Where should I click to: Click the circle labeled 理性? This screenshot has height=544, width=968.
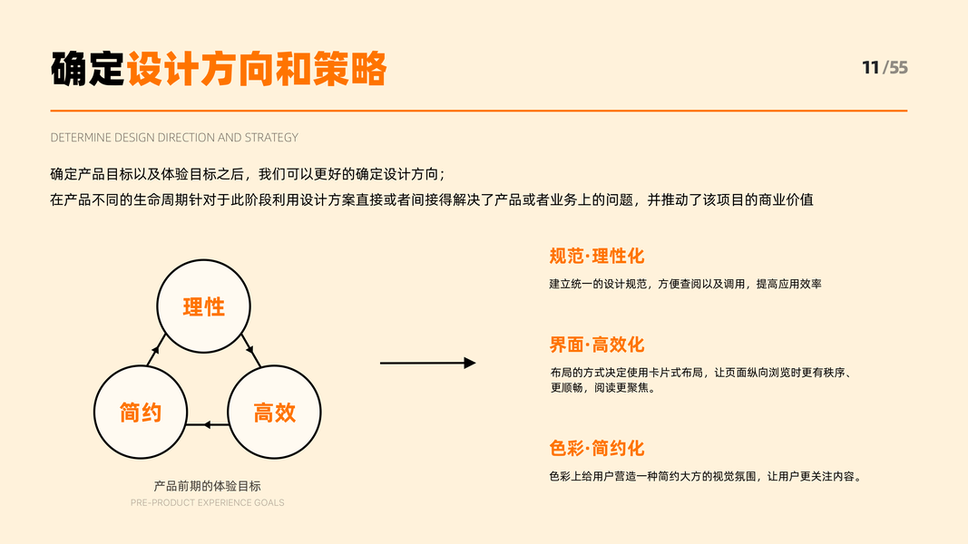pos(203,306)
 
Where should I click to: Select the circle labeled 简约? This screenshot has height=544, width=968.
pos(141,413)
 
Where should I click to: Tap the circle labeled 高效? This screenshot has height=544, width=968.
pos(274,413)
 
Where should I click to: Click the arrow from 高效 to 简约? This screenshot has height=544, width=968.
pos(208,424)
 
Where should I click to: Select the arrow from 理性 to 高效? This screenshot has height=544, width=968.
pos(249,349)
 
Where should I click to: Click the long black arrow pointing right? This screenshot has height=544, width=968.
pos(427,363)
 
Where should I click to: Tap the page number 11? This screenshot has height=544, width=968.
pos(870,68)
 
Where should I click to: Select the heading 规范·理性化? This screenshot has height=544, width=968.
pos(596,257)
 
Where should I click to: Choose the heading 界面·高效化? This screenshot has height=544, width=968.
pos(596,345)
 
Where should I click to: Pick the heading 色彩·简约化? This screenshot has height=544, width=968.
pos(596,449)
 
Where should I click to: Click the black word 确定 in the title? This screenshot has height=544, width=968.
pos(87,69)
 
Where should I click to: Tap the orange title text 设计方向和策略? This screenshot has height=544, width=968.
pos(257,69)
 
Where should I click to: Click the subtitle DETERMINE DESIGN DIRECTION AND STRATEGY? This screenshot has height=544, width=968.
pos(174,138)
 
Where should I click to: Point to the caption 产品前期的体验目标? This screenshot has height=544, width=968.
pos(207,486)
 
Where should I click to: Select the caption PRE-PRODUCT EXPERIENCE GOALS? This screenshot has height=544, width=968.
pos(207,502)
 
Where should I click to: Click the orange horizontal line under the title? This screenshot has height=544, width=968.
pos(479,111)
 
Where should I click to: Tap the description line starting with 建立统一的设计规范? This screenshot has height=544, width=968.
pos(685,284)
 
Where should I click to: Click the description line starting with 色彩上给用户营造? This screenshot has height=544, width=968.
pos(704,477)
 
